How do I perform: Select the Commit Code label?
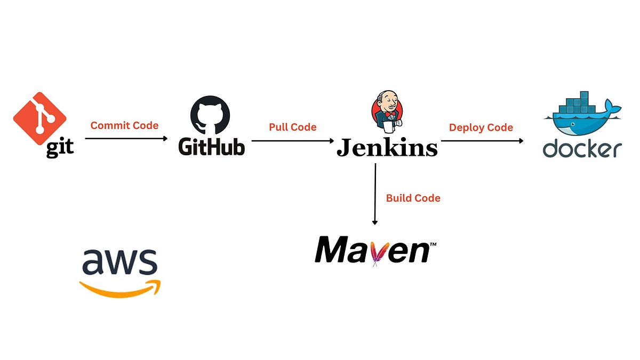click(124, 126)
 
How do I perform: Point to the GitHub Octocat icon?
click(210, 115)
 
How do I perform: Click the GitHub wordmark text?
click(212, 147)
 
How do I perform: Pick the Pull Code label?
click(292, 127)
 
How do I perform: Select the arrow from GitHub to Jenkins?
click(293, 141)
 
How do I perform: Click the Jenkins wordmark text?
click(387, 147)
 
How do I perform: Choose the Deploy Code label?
click(481, 127)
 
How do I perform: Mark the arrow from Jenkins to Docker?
click(482, 141)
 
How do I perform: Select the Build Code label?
click(413, 198)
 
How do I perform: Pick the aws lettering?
click(119, 261)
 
